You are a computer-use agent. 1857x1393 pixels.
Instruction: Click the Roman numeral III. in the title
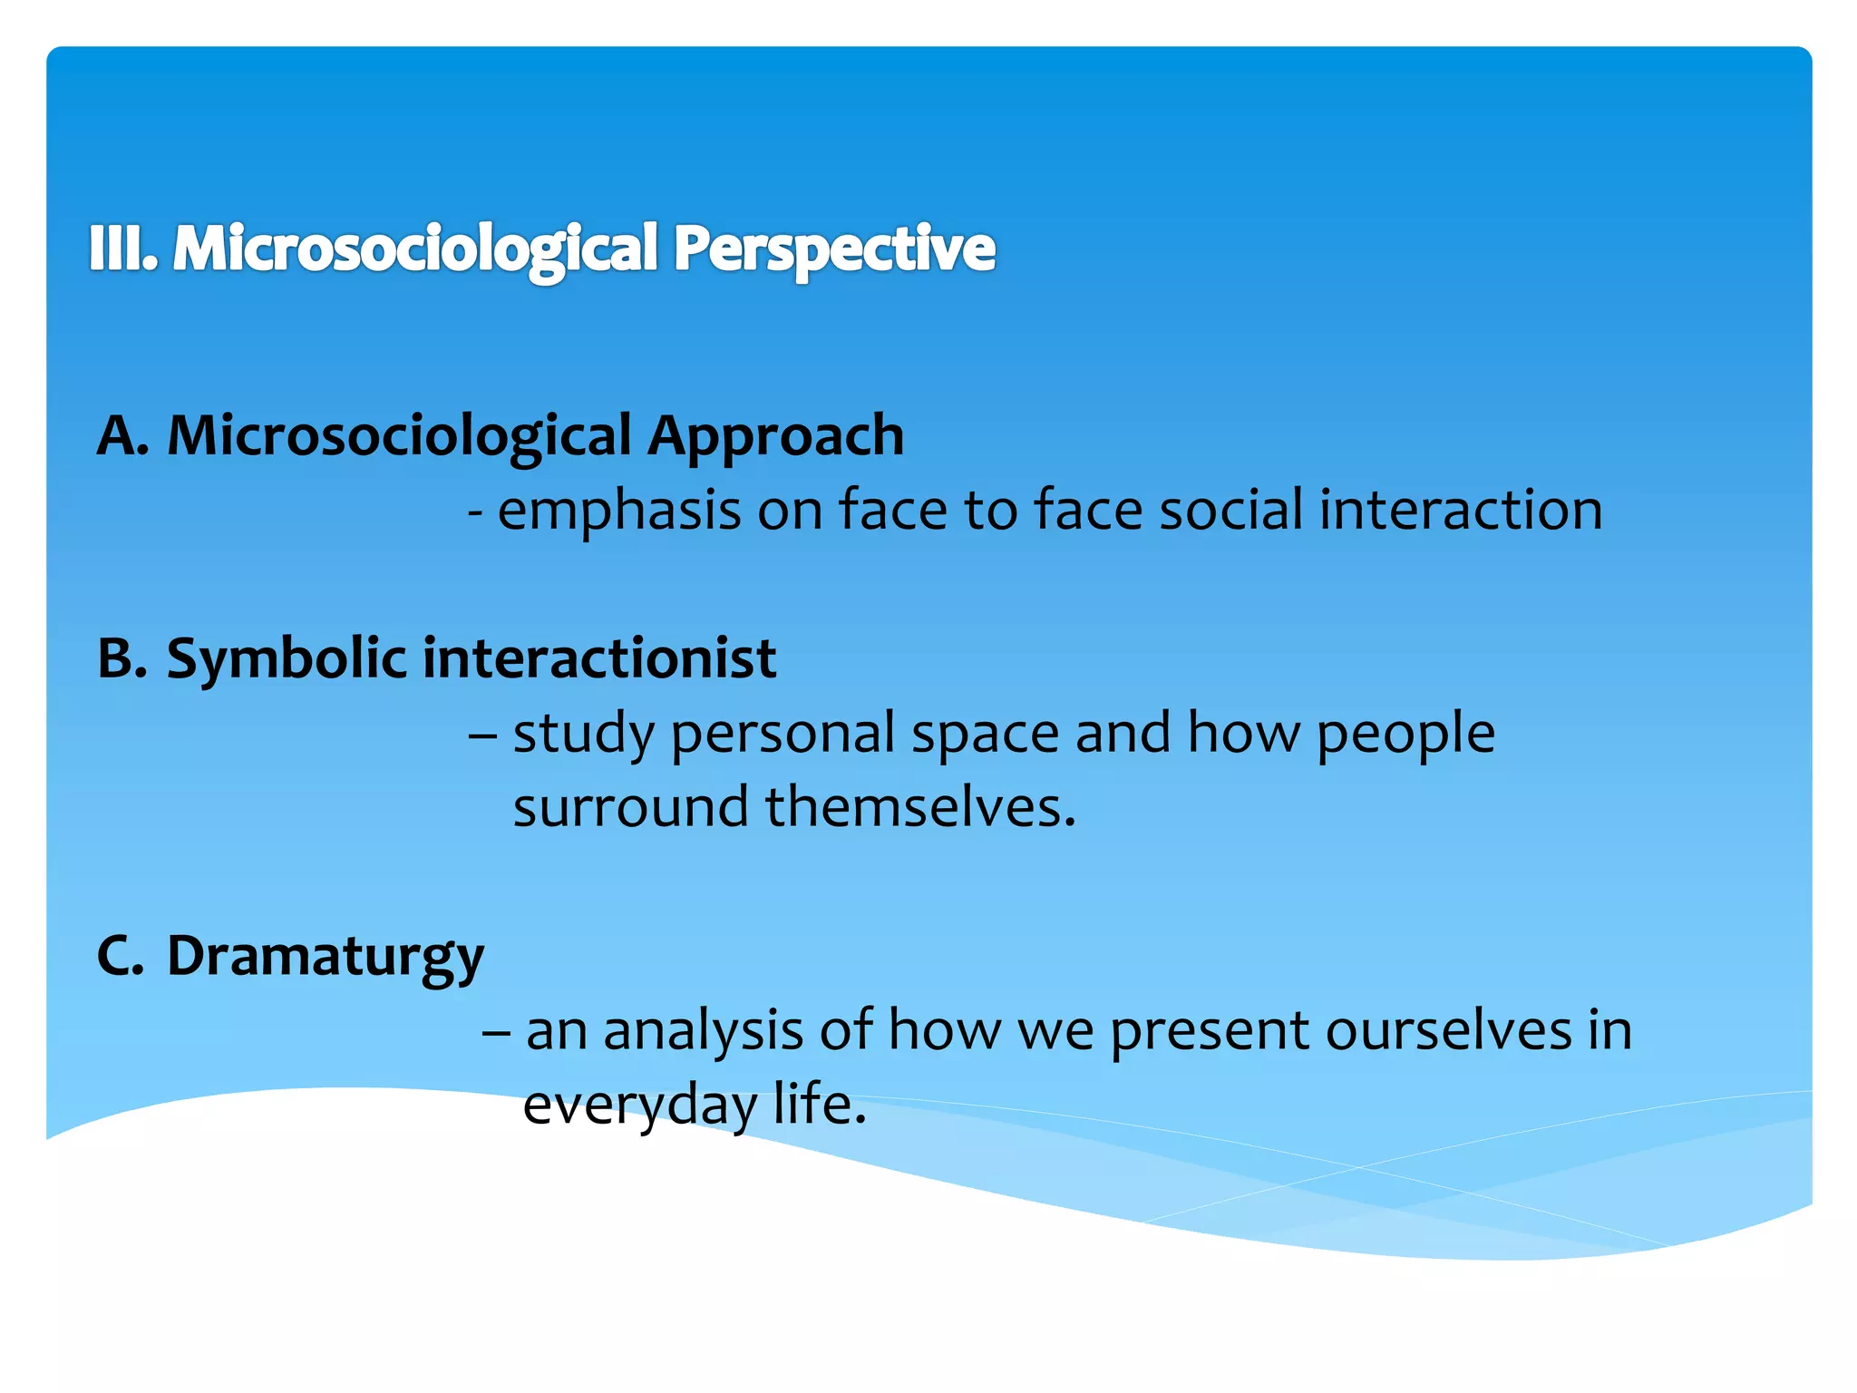point(123,248)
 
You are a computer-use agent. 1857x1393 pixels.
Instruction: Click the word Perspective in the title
point(833,248)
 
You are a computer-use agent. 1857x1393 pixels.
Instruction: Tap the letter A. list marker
point(122,435)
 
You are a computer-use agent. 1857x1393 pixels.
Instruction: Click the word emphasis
point(619,511)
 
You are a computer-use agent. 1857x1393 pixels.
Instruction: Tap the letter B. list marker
point(122,658)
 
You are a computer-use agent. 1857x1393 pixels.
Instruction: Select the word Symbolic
point(286,659)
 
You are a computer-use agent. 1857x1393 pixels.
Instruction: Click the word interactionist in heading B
point(598,658)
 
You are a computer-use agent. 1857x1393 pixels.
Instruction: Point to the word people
point(1405,734)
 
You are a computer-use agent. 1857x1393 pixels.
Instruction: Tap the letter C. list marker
point(120,955)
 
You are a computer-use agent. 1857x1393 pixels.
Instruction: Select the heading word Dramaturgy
point(326,957)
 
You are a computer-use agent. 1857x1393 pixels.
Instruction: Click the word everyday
point(640,1106)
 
